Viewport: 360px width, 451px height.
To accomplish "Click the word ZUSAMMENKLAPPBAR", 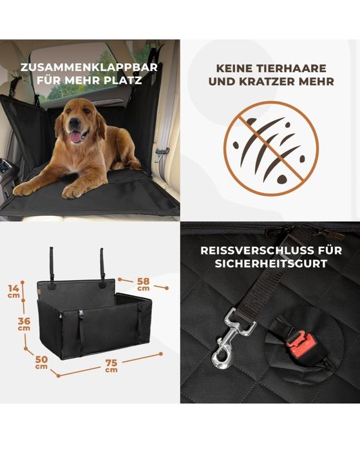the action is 89,67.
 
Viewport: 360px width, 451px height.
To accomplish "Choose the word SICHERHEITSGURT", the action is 271,264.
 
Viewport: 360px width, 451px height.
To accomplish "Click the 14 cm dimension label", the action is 14,291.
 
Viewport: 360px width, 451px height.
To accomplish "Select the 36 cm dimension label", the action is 24,323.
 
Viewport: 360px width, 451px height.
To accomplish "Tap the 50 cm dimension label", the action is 41,362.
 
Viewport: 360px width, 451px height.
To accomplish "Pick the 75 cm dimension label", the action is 111,366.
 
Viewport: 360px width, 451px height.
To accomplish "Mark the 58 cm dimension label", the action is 143,284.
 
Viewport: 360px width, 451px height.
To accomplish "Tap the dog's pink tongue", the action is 75,137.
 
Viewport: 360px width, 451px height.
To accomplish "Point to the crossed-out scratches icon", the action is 271,149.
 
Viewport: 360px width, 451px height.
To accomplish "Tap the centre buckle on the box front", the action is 81,313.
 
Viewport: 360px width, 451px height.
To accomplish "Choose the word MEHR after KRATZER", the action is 317,81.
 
